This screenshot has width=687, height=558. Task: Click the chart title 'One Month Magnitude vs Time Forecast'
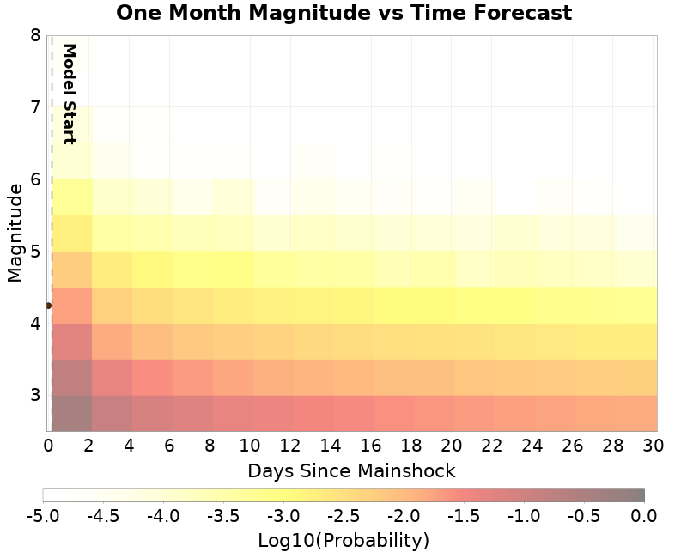343,13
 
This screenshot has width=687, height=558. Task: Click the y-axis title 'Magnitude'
15,233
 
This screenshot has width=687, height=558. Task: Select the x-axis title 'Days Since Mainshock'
351,470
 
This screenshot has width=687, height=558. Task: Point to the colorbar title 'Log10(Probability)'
343,541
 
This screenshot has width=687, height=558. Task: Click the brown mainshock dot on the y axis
48,305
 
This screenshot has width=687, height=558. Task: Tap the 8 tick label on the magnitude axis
34,35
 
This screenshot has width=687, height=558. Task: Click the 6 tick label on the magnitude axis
34,179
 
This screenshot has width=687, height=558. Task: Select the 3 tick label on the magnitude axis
34,396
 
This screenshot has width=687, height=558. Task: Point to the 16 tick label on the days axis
372,445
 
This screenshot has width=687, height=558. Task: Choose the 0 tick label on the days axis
48,445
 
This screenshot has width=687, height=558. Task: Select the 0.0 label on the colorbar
644,515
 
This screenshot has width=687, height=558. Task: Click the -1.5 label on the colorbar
464,515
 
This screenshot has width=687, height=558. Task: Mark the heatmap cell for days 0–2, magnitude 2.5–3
71,413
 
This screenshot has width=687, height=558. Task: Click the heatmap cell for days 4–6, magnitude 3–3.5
152,377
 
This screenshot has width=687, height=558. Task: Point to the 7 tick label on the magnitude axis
34,107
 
